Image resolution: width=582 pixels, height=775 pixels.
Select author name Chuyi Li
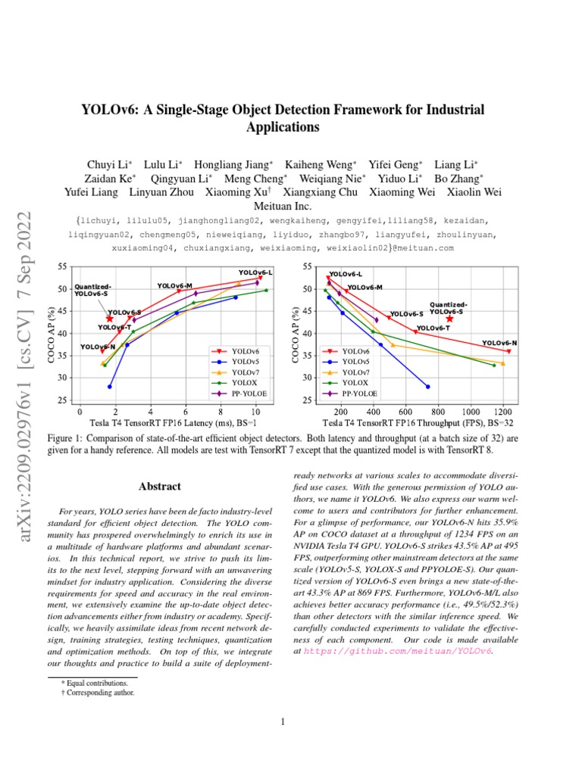pyautogui.click(x=109, y=164)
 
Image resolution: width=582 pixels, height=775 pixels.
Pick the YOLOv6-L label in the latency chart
pyautogui.click(x=255, y=272)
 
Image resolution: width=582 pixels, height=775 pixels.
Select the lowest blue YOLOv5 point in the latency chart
pyautogui.click(x=110, y=387)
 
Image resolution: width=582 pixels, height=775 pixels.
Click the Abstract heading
pyautogui.click(x=160, y=486)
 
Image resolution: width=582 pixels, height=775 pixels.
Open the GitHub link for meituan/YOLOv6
pyautogui.click(x=398, y=650)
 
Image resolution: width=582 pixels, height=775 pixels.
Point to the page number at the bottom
pyautogui.click(x=282, y=722)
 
